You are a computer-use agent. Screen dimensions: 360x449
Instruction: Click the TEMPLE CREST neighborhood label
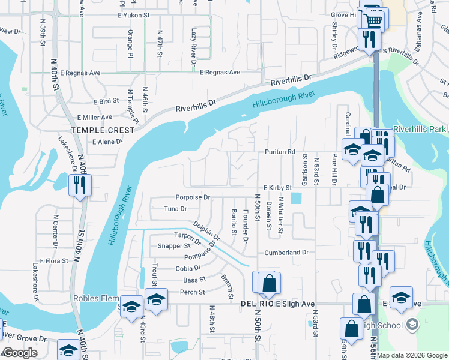click(97, 130)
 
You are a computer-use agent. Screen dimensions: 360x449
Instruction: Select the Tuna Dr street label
click(175, 209)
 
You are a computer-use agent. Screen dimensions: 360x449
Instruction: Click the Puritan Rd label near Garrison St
click(280, 152)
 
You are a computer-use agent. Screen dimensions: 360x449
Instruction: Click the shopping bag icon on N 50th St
click(270, 283)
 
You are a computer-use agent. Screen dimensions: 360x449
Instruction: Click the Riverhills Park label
click(421, 130)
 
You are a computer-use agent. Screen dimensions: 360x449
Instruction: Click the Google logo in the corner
click(20, 353)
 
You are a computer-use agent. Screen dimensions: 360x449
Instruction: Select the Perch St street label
click(193, 292)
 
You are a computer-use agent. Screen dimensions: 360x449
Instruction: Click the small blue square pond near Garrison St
click(295, 198)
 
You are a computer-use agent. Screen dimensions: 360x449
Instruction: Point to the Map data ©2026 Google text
click(412, 355)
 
